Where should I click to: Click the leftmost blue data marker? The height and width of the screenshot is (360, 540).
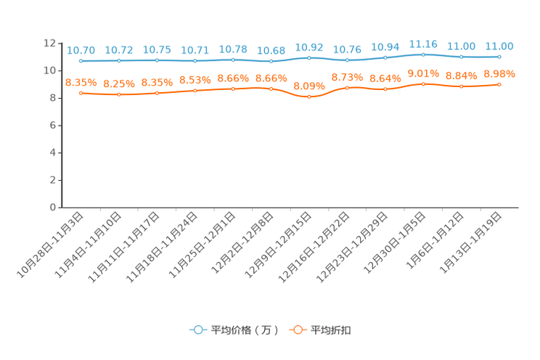[x=81, y=61]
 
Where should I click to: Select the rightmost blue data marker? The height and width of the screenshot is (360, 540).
[x=499, y=57]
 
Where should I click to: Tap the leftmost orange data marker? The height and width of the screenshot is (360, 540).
[x=81, y=94]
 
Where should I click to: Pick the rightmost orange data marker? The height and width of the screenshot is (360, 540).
[x=499, y=84]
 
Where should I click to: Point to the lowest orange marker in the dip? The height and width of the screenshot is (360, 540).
[x=309, y=97]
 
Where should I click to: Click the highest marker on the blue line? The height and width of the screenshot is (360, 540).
[x=423, y=54]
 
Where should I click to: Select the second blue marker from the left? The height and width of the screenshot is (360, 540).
[x=118, y=61]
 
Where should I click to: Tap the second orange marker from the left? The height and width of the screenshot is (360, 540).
[x=118, y=95]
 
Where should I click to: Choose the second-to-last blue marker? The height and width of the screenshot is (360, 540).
[x=461, y=57]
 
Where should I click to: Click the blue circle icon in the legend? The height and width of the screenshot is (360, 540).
[x=197, y=330]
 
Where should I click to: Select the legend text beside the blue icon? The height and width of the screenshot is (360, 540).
[x=244, y=330]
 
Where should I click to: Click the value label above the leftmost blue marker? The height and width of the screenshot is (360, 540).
[x=81, y=50]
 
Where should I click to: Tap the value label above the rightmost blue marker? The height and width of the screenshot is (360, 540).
[x=499, y=46]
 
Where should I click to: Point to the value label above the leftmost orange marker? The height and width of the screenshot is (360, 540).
[x=81, y=82]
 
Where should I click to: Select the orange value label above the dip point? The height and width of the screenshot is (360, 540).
[x=309, y=86]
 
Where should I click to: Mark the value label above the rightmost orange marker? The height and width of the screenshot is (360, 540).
[x=499, y=73]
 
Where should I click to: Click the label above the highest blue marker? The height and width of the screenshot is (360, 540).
[x=423, y=44]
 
